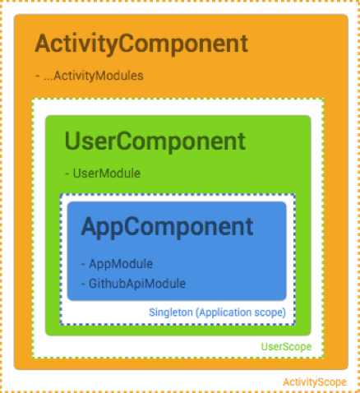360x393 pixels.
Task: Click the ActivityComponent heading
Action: coord(141,44)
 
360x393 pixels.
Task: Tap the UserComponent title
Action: coord(155,142)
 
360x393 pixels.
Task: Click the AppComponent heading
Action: coord(167,227)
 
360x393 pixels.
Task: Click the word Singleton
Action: coord(171,312)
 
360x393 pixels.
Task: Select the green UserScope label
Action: coord(286,347)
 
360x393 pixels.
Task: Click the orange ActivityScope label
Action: coord(315,382)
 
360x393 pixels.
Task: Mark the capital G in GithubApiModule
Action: coord(93,284)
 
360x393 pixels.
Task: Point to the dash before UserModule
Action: coord(67,173)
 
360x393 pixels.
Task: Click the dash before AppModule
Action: coord(83,265)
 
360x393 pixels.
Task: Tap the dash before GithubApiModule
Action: coord(83,284)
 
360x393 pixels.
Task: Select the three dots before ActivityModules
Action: coord(48,79)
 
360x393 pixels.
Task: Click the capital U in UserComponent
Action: coord(72,141)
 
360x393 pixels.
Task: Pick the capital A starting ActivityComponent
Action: coord(44,44)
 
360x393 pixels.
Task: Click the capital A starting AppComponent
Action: coord(90,226)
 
